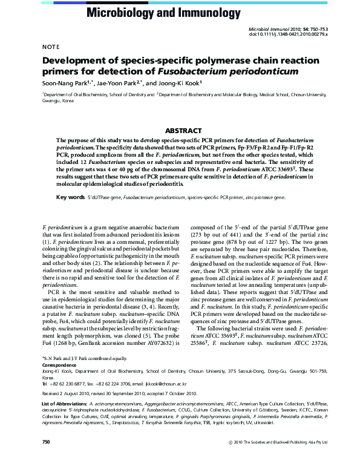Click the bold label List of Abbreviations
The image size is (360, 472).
(x=63, y=403)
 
